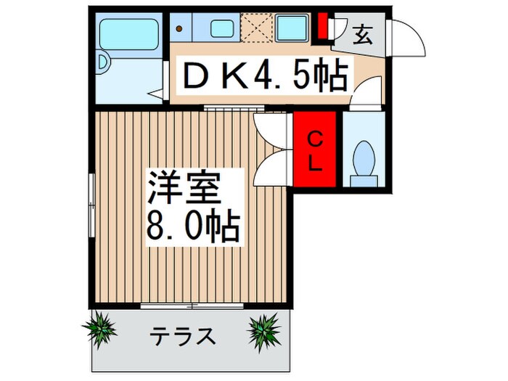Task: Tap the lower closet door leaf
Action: pos(271,163)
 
